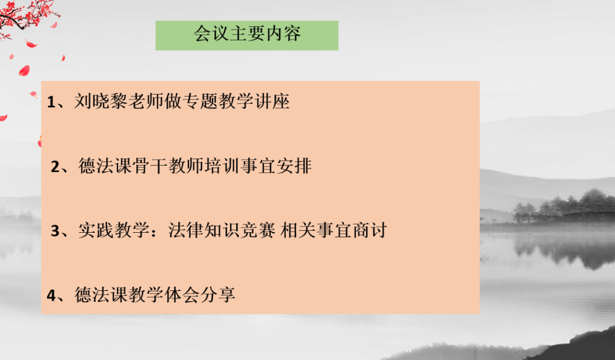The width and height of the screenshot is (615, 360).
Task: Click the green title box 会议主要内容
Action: click(247, 35)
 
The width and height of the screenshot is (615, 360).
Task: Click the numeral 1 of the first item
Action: click(51, 102)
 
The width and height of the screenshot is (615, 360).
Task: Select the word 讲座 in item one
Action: click(274, 101)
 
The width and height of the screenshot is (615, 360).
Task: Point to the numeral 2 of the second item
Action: click(56, 167)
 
